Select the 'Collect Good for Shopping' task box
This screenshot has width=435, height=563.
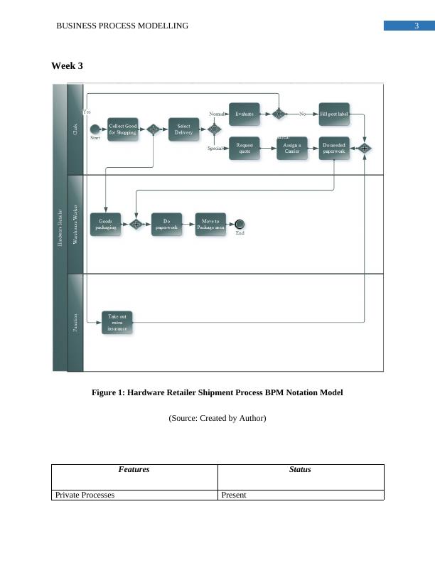[x=122, y=129]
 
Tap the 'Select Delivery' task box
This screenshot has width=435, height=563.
[x=183, y=129]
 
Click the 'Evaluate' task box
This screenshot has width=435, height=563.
[x=244, y=113]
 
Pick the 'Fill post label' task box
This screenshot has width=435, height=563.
[x=333, y=113]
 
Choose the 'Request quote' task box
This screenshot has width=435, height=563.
[x=244, y=148]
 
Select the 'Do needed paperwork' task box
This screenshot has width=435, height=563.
[x=333, y=148]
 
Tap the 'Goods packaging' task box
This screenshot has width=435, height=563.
[x=106, y=224]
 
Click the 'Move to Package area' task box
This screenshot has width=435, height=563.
[x=210, y=224]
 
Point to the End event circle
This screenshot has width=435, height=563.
[x=240, y=224]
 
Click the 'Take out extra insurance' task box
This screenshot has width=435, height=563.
[x=117, y=322]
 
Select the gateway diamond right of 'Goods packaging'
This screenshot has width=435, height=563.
[x=135, y=224]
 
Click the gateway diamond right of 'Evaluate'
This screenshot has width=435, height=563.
[x=279, y=113]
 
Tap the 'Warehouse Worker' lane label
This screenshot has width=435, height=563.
[x=75, y=224]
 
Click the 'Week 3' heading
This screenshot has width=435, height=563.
[x=67, y=66]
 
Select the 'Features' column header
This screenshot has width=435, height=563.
[x=134, y=469]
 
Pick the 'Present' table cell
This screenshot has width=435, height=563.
[x=234, y=495]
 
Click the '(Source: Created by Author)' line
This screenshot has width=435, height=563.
[x=217, y=419]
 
